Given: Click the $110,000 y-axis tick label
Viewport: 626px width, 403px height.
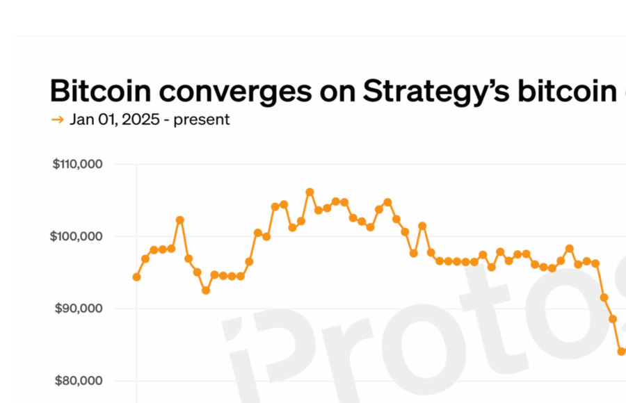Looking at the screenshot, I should click(78, 165).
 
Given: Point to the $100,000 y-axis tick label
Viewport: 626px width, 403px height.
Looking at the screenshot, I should click(78, 237).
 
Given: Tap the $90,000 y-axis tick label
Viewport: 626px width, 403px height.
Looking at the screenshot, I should click(79, 309).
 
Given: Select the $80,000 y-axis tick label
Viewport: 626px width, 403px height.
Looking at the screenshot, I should click(79, 381).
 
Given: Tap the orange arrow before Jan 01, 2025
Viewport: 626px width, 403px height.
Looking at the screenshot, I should click(58, 120).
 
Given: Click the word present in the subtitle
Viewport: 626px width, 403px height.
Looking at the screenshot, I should click(202, 120).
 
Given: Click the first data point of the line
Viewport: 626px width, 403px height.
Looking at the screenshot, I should click(137, 277).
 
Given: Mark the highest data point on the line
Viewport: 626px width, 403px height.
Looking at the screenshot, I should click(310, 192).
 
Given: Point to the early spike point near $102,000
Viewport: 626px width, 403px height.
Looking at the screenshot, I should click(180, 220).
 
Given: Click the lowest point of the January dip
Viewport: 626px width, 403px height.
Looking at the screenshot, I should click(206, 290).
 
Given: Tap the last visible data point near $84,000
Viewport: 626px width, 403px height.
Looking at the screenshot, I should click(621, 352).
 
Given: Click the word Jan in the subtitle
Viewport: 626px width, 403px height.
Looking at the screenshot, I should click(81, 120).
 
